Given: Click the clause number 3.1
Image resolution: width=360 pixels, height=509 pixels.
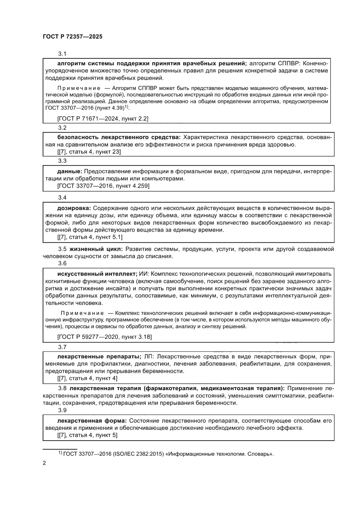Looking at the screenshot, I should click(62, 54).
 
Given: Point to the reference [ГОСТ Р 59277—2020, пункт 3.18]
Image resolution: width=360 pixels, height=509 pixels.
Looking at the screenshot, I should click(104, 337).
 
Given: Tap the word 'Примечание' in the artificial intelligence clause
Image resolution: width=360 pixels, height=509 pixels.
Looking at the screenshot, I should click(82, 313).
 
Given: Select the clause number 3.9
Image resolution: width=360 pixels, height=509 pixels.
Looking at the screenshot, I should click(62, 410).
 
